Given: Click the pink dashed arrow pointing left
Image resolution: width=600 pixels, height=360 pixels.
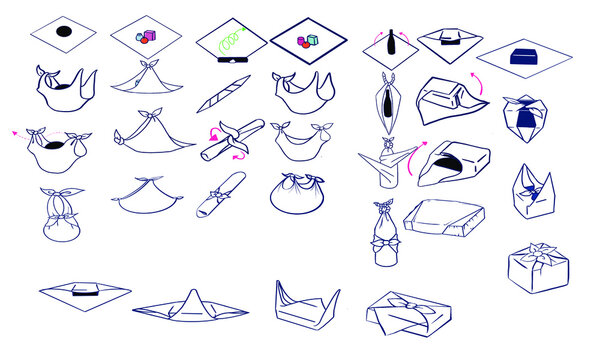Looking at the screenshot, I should tap(18, 131).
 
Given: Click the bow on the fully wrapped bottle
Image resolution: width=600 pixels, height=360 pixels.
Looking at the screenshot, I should tap(383, 242).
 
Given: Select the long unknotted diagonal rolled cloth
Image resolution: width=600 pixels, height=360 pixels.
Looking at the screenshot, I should tap(218, 94).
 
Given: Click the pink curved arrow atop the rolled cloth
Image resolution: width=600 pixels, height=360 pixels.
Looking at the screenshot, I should tap(213, 134).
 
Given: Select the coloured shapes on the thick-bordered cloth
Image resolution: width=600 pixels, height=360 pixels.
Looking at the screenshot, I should tap(305, 41).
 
